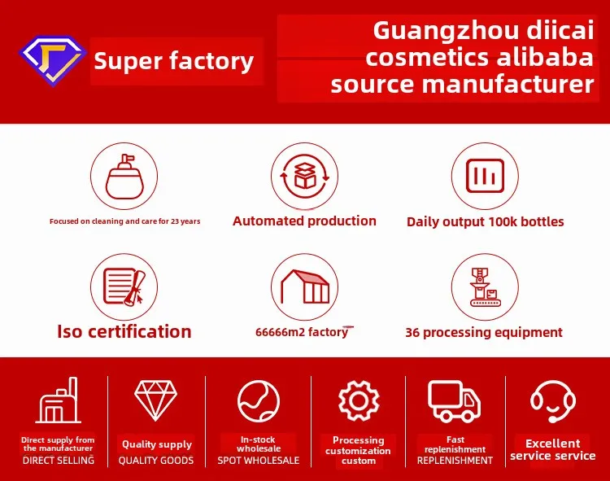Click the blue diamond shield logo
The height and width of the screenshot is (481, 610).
53,60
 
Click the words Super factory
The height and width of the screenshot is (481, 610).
173,62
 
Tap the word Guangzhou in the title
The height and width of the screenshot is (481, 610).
446,32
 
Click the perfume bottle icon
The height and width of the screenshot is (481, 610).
124,177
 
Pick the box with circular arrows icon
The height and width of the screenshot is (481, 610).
305,177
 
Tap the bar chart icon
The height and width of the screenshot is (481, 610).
485,176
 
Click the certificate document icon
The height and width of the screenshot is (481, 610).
124,286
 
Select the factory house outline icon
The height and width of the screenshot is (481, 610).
305,286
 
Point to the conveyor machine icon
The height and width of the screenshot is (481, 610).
485,286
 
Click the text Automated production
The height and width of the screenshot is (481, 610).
305,221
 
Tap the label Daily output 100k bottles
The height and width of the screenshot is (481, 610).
485,222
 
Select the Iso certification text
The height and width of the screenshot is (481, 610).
124,331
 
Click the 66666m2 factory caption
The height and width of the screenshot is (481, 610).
302,332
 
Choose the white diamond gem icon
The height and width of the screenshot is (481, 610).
155,400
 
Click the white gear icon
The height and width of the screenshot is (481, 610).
359,400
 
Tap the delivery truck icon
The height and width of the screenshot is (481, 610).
455,401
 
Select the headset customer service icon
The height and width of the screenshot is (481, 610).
553,401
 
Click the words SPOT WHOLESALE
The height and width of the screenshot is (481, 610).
259,461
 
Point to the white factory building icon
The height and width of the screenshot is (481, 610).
59,400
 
